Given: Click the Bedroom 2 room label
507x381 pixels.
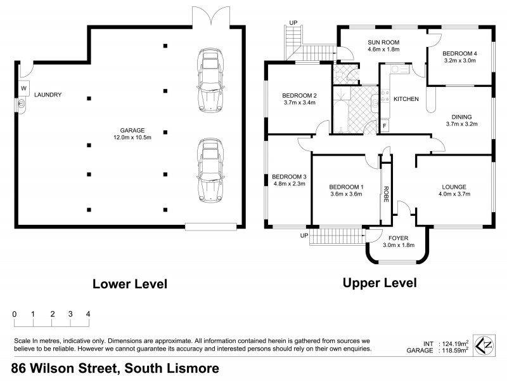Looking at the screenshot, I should [300, 95].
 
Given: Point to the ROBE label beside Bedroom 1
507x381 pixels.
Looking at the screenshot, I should [385, 194].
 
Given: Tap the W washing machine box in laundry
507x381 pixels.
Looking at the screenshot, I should [23, 88].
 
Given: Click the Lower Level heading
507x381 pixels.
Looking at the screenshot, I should [130, 284].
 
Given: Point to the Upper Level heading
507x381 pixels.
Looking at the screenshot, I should [380, 283].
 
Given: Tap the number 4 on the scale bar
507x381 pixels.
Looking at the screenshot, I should [88, 314].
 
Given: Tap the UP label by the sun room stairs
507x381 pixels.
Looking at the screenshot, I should [293, 23].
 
